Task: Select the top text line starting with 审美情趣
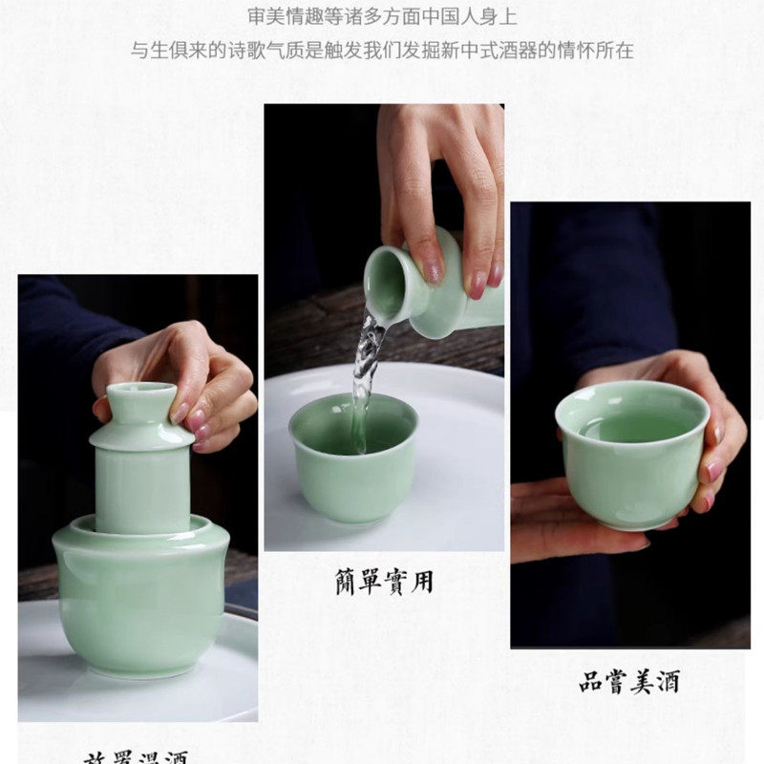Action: point(382,15)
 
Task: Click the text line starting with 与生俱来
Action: point(382,50)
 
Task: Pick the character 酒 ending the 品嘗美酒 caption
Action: point(667,682)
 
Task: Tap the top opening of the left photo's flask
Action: point(140,389)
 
